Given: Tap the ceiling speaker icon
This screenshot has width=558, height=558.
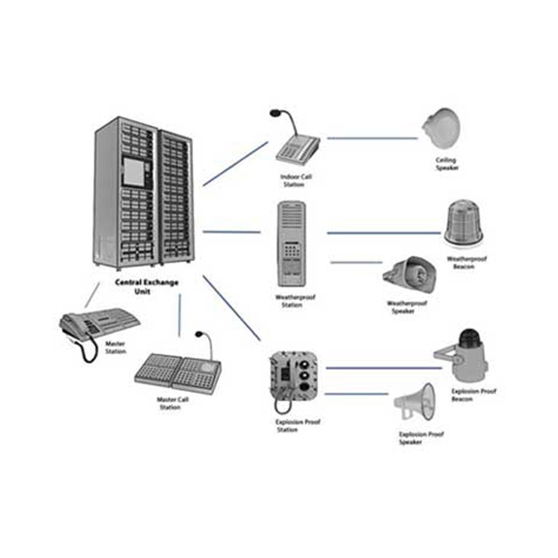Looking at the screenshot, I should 441,128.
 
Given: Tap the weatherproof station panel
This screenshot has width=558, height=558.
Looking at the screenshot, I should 292,243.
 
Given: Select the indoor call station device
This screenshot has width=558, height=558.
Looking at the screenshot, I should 296,143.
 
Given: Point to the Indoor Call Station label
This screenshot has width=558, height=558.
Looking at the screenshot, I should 295,181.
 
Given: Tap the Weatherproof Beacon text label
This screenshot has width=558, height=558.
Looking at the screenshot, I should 467,263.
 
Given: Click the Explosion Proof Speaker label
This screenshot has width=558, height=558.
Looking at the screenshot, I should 421,438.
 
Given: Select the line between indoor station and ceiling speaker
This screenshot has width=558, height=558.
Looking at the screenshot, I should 372,138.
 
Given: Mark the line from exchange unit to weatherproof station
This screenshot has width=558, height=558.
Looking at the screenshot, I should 231,232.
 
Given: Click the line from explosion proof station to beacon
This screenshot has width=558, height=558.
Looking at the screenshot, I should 380,368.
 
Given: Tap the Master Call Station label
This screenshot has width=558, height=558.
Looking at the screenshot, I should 172,403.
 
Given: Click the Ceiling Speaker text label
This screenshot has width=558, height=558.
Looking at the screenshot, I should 446,163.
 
